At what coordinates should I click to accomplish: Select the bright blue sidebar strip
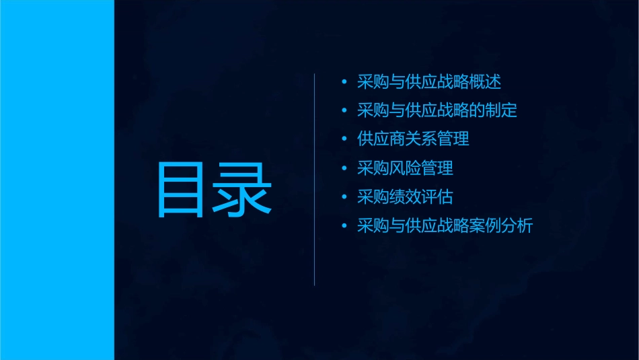point(57,180)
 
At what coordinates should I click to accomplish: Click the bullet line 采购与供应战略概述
point(429,82)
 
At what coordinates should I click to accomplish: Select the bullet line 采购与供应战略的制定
point(437,110)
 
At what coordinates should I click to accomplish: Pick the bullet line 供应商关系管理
point(413,139)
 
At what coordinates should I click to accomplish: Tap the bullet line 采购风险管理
point(405,168)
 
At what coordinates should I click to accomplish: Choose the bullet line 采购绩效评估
point(405,197)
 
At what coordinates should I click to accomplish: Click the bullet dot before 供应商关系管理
point(344,139)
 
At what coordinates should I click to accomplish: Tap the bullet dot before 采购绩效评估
point(344,197)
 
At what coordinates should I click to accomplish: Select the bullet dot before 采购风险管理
point(344,168)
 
